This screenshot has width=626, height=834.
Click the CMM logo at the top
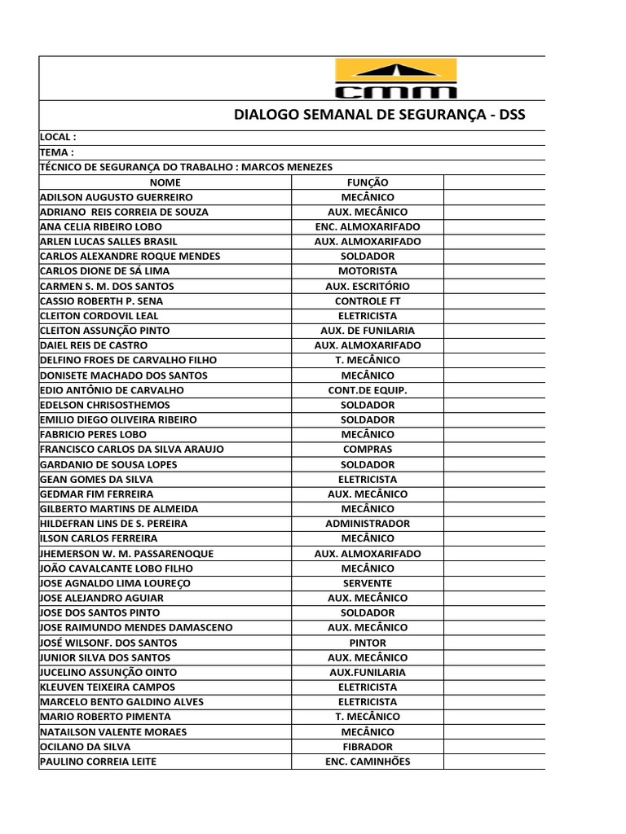(395, 79)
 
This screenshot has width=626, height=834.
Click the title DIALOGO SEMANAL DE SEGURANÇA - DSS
(380, 115)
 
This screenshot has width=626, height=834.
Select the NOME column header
(165, 182)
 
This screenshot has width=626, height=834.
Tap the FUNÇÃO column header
(368, 182)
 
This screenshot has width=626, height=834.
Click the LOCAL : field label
(58, 138)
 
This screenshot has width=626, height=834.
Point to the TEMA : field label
(57, 152)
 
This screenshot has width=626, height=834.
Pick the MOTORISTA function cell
(368, 271)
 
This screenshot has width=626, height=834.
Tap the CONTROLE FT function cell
(368, 301)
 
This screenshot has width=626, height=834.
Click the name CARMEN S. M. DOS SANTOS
(107, 286)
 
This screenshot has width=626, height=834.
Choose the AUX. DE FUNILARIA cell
(368, 331)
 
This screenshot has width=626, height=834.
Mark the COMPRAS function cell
(368, 449)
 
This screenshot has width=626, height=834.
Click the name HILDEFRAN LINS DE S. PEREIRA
(114, 524)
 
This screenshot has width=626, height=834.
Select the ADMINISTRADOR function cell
(368, 524)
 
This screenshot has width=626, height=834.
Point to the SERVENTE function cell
(368, 583)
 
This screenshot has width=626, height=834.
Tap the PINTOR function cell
(368, 643)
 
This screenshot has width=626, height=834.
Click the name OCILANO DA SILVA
(85, 746)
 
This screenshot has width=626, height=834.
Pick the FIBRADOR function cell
(368, 746)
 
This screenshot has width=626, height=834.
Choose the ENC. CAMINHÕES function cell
(368, 762)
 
